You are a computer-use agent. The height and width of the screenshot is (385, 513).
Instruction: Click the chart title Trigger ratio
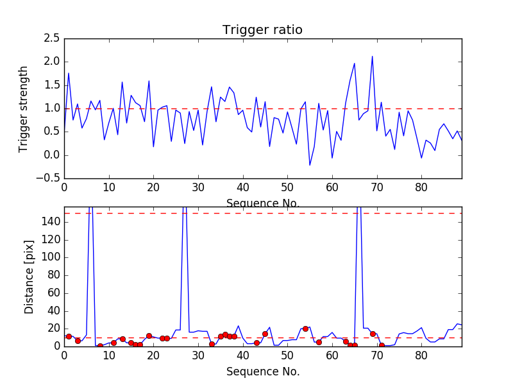pyautogui.click(x=262, y=30)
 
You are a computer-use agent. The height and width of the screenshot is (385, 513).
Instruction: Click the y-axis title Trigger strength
pyautogui.click(x=24, y=108)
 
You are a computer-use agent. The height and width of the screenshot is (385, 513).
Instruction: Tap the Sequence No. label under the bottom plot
pyautogui.click(x=263, y=372)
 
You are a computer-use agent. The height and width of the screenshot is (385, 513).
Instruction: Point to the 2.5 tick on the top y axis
pyautogui.click(x=52, y=38)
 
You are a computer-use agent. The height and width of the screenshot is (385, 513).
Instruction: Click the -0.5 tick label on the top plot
pyautogui.click(x=49, y=178)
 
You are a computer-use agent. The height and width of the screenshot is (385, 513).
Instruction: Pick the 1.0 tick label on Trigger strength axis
pyautogui.click(x=52, y=108)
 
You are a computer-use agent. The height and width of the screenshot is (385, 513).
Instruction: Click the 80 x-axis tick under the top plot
pyautogui.click(x=421, y=188)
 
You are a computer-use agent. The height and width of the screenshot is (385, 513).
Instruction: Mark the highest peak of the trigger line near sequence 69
pyautogui.click(x=372, y=56)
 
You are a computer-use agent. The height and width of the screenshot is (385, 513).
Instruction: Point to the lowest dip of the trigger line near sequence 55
pyautogui.click(x=310, y=166)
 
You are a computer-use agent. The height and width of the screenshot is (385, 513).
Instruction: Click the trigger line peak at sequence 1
pyautogui.click(x=69, y=73)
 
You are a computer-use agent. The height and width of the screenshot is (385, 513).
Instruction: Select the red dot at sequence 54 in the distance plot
pyautogui.click(x=305, y=329)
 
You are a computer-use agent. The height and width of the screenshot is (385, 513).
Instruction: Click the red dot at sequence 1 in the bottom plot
pyautogui.click(x=69, y=336)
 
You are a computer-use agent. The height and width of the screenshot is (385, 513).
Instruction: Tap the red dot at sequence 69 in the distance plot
pyautogui.click(x=373, y=334)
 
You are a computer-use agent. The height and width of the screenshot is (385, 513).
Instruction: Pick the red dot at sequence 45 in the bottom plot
pyautogui.click(x=265, y=334)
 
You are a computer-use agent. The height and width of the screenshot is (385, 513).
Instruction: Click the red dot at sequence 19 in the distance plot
pyautogui.click(x=149, y=336)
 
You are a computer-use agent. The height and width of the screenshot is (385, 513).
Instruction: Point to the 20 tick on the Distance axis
pyautogui.click(x=53, y=329)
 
